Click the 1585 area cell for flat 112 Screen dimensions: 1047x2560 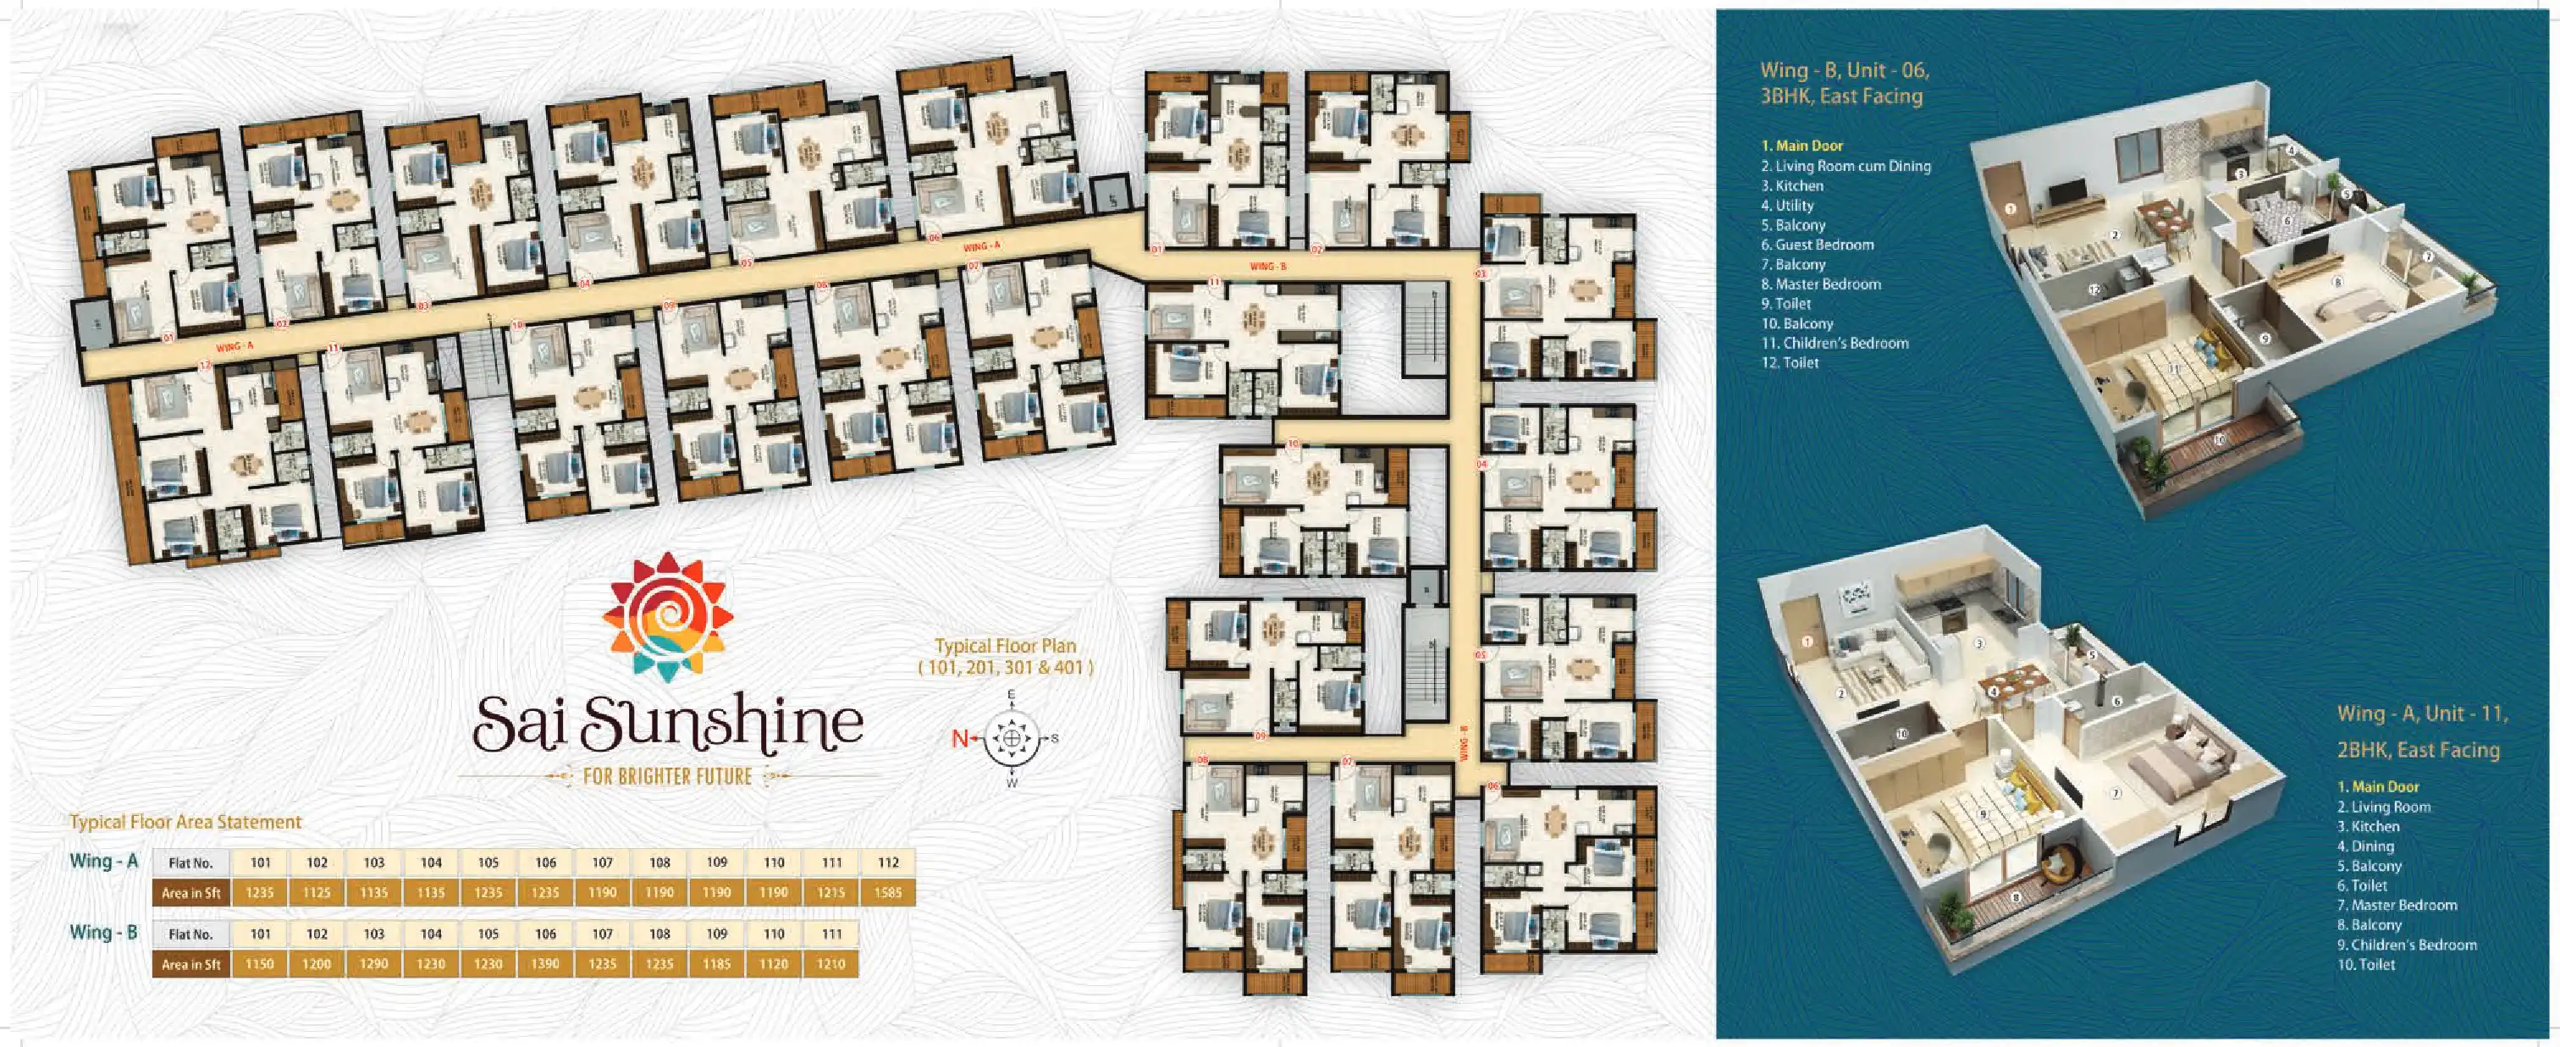point(887,892)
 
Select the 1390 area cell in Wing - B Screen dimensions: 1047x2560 point(544,963)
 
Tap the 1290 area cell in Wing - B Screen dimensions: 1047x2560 point(373,963)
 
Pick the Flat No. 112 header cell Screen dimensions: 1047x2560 point(887,862)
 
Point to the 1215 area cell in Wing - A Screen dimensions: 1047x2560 point(830,892)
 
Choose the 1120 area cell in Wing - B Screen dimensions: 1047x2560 point(773,963)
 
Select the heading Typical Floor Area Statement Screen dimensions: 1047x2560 point(185,822)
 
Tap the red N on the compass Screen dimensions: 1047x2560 point(960,737)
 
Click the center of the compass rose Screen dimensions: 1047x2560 point(1012,738)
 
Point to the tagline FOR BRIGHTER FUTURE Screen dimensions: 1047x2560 point(668,776)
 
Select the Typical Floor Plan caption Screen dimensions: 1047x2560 point(1005,657)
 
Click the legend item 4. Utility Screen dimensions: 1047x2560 point(1787,206)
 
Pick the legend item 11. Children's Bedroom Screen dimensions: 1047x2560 point(1834,343)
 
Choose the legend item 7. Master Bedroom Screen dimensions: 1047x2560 point(2397,905)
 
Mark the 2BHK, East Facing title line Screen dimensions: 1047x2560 point(2418,750)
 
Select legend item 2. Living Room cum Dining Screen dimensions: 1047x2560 point(1846,166)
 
